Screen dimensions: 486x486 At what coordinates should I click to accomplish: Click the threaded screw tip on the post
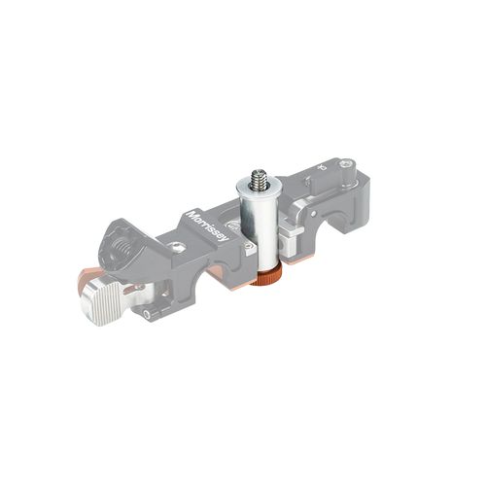259,178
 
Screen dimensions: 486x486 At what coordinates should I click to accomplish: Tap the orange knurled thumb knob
265,278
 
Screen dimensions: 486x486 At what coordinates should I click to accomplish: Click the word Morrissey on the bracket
209,226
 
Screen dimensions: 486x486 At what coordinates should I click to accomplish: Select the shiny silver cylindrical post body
260,230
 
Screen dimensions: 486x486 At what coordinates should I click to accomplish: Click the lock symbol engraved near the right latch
321,167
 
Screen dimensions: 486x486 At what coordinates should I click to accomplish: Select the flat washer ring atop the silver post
259,187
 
